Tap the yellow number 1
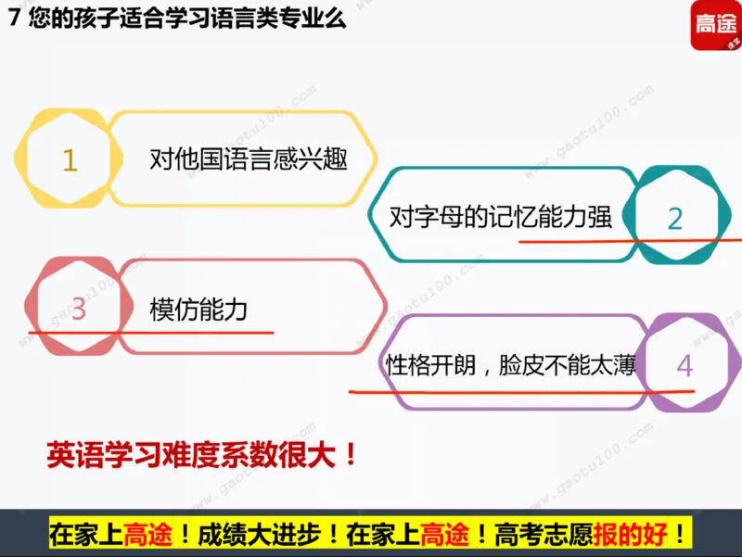pos(70,161)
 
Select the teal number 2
pos(674,218)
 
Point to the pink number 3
pos(78,310)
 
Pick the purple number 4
pos(684,365)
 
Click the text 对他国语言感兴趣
pos(248,159)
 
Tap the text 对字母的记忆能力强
pos(501,217)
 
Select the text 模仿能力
pos(198,309)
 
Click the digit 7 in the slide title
pos(12,19)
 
